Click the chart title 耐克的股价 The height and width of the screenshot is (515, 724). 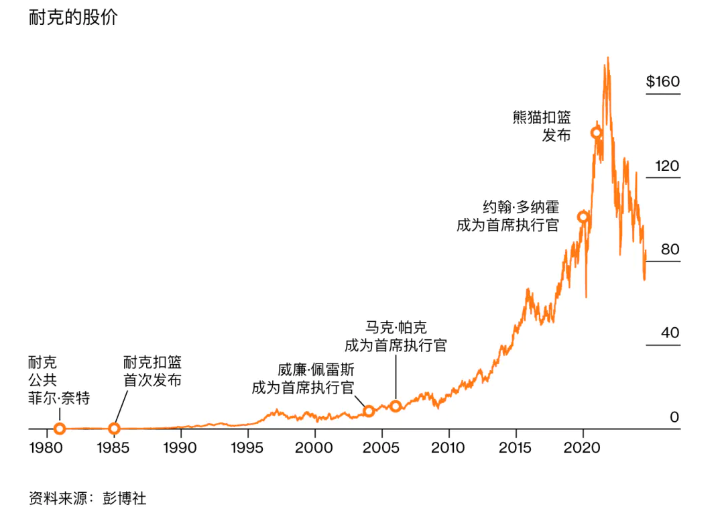pos(73,18)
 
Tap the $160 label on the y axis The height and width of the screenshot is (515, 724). pos(662,82)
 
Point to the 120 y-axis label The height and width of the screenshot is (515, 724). pos(666,166)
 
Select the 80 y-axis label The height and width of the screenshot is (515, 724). pos(670,249)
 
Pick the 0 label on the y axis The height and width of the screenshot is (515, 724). pos(674,416)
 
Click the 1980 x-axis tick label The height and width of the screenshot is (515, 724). pos(47,447)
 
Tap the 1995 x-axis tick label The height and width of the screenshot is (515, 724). pos(248,447)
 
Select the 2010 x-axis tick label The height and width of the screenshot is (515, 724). pos(449,447)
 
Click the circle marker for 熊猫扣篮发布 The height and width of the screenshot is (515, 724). pos(596,133)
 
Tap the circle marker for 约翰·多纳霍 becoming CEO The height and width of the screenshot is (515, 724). pos(583,217)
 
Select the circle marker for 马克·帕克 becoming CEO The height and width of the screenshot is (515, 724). pos(396,406)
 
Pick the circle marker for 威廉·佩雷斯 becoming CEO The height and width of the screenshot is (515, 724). pos(368,411)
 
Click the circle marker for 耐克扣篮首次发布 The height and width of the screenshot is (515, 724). pos(114,428)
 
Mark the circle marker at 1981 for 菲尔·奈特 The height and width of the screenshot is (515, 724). pos(60,428)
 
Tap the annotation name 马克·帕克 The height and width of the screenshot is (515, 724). pos(396,328)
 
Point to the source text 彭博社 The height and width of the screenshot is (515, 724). pos(124,498)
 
